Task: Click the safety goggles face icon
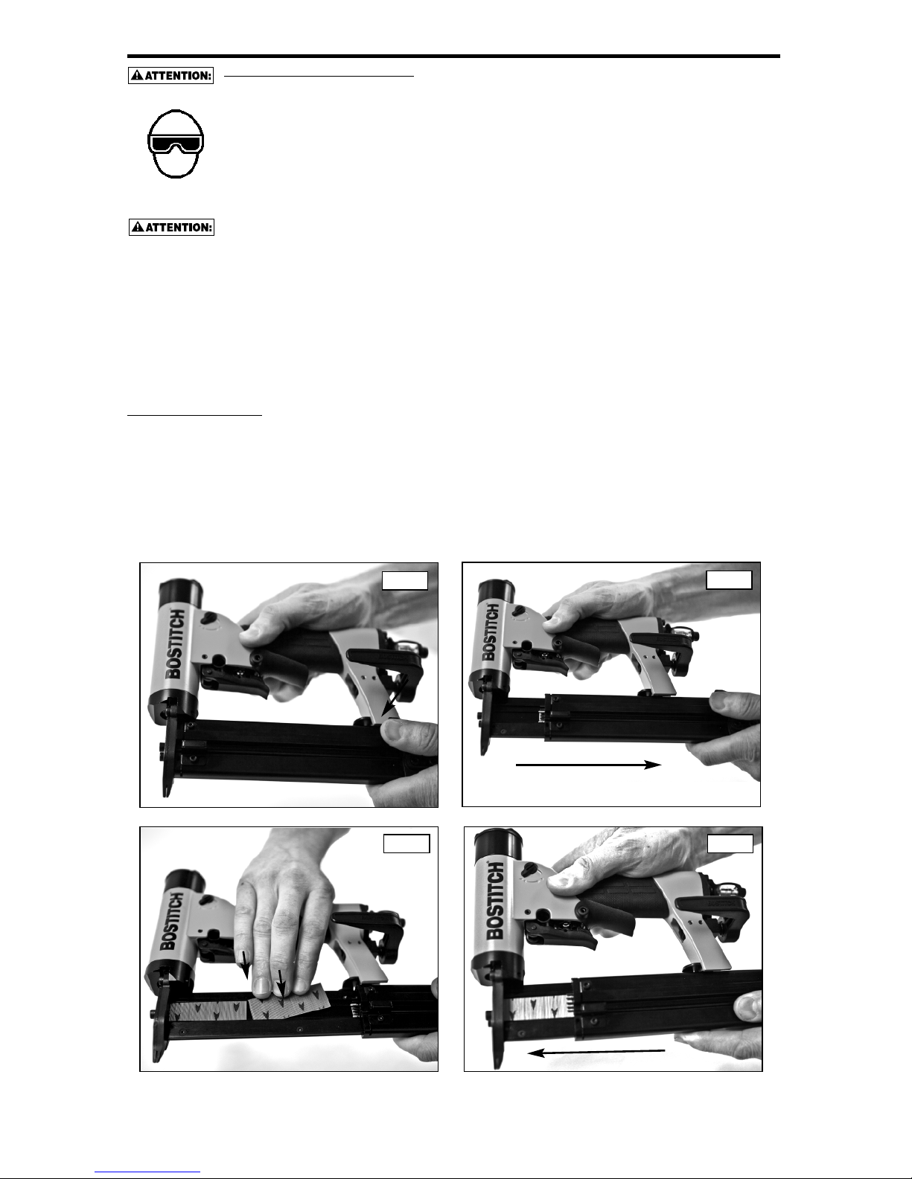pyautogui.click(x=176, y=144)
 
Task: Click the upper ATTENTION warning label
pyautogui.click(x=171, y=75)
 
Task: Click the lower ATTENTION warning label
pyautogui.click(x=171, y=228)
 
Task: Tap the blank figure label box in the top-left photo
pyautogui.click(x=405, y=580)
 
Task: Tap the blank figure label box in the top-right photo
pyautogui.click(x=729, y=579)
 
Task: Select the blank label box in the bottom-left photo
pyautogui.click(x=406, y=844)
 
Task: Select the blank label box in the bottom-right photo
pyautogui.click(x=730, y=844)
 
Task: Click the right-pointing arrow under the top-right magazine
pyautogui.click(x=588, y=765)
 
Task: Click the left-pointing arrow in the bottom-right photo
pyautogui.click(x=596, y=1053)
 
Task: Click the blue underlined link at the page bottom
pyautogui.click(x=147, y=1170)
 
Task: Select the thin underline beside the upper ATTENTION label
pyautogui.click(x=319, y=77)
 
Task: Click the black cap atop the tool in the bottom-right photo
pyautogui.click(x=498, y=844)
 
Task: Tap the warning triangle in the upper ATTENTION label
pyautogui.click(x=137, y=75)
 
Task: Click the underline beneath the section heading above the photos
pyautogui.click(x=194, y=416)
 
